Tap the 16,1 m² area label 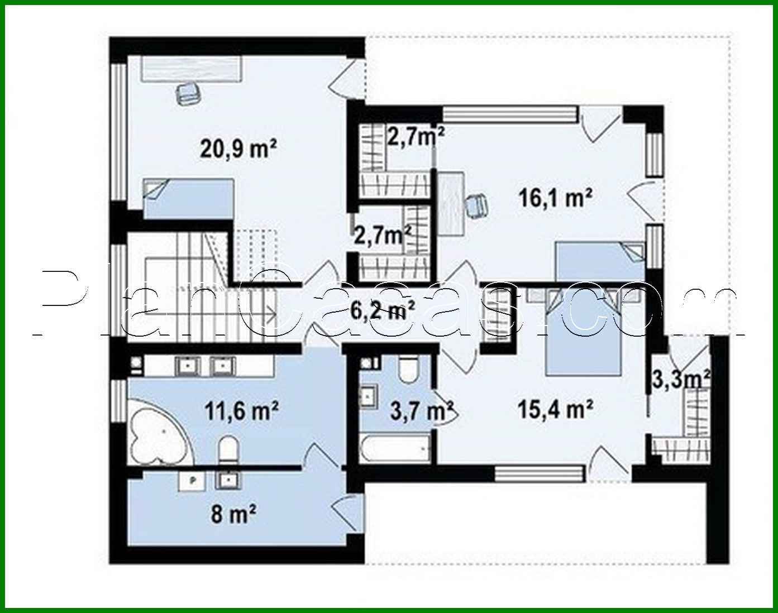click(x=555, y=198)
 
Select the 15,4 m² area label click(x=555, y=410)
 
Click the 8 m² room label click(x=233, y=513)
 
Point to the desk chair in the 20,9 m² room click(x=188, y=93)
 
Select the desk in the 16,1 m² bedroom click(x=451, y=204)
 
